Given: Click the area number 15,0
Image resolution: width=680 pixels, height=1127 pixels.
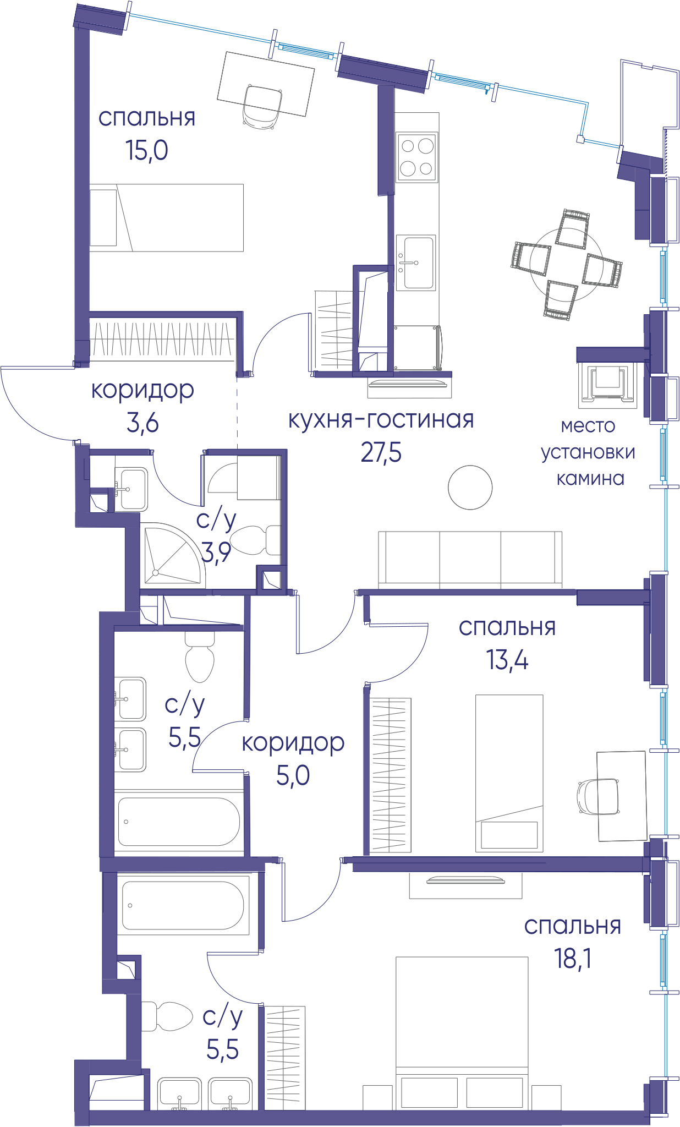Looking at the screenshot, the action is click(x=146, y=150).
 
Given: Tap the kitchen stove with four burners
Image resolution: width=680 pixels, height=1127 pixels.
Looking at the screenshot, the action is click(x=416, y=157).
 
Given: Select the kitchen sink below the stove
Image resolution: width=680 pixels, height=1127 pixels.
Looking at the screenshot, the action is click(x=416, y=262).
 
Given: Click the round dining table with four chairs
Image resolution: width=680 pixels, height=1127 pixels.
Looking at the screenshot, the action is click(x=567, y=265).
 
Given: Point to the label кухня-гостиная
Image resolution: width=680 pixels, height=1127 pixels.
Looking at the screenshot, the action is click(x=381, y=420).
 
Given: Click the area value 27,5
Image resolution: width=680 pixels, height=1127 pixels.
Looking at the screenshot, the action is click(x=381, y=453).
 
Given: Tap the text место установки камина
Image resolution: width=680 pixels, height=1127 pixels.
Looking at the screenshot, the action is click(x=588, y=452).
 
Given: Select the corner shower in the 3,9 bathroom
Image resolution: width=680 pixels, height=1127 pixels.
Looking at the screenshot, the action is click(x=172, y=553).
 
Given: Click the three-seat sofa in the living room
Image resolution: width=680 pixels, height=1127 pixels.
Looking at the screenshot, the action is click(x=470, y=560).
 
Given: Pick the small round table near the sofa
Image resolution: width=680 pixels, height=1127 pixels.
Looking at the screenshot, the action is click(x=470, y=488).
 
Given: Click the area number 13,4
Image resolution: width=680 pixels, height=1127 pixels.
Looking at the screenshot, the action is click(x=507, y=660).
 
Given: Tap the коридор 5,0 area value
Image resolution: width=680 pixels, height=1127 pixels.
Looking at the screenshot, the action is click(x=293, y=775).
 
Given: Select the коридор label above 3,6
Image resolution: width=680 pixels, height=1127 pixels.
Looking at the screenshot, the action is click(x=142, y=391).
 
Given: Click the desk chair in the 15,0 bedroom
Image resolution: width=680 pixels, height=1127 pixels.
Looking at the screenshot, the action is click(x=263, y=107).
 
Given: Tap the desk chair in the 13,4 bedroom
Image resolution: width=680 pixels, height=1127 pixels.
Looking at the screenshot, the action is click(x=598, y=796).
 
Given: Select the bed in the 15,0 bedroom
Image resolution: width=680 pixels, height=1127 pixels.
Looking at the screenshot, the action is click(x=166, y=218).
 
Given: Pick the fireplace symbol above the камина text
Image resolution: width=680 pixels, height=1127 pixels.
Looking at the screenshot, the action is click(x=607, y=386).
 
